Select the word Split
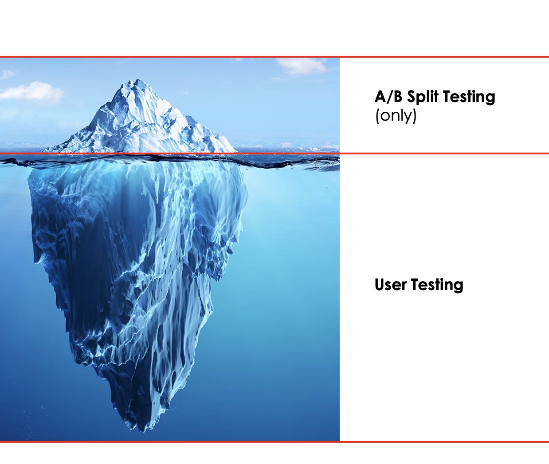click(x=424, y=97)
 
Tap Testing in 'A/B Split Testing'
click(x=469, y=97)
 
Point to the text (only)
click(x=396, y=116)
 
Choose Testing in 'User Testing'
click(x=437, y=285)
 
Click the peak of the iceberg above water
click(x=137, y=79)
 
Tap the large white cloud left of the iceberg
click(x=31, y=91)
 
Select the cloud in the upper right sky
click(x=301, y=66)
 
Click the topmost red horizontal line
click(x=274, y=56)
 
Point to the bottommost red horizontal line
click(x=274, y=442)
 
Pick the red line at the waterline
click(x=274, y=153)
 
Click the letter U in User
click(x=380, y=285)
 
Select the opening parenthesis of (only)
click(x=377, y=116)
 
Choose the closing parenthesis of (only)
click(x=415, y=116)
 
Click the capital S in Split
click(x=412, y=97)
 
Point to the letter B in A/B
click(x=398, y=97)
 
